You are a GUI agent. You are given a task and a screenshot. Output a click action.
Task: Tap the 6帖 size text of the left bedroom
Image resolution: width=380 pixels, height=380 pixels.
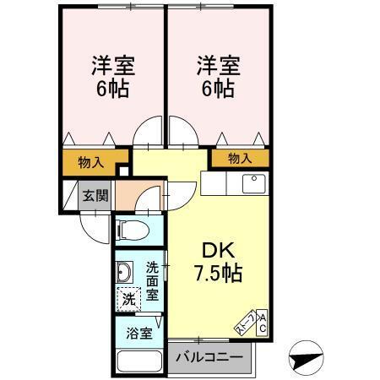pyautogui.click(x=111, y=89)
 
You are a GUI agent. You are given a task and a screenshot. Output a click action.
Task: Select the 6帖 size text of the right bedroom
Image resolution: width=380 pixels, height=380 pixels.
pyautogui.click(x=219, y=89)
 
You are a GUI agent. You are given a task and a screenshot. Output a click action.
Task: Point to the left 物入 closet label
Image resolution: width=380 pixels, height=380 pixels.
pyautogui.click(x=90, y=162)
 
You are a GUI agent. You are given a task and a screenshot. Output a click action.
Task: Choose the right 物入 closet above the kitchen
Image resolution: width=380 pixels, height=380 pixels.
pyautogui.click(x=241, y=158)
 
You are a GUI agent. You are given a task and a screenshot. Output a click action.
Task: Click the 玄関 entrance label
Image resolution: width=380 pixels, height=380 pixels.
pyautogui.click(x=95, y=196)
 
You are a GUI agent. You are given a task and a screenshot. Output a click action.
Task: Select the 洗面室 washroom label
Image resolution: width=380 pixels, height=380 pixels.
pyautogui.click(x=153, y=280)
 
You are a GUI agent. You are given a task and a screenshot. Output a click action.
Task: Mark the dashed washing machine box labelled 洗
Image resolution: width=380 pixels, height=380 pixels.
pyautogui.click(x=128, y=299)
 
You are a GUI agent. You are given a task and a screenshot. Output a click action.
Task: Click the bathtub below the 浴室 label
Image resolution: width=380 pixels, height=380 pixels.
pyautogui.click(x=138, y=359)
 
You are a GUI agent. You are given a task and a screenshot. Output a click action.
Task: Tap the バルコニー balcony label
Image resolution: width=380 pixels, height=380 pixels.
pyautogui.click(x=209, y=357)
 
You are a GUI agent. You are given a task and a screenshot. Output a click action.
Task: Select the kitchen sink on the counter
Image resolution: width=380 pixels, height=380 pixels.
pyautogui.click(x=253, y=182)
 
